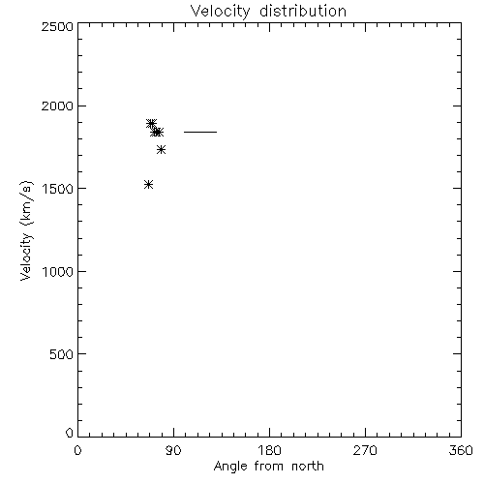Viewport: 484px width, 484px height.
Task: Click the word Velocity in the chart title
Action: coord(220,12)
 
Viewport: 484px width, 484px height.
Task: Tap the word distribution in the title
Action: coord(303,11)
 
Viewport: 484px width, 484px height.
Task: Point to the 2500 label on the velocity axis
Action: coord(57,26)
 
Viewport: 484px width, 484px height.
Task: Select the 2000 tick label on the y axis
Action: coord(57,106)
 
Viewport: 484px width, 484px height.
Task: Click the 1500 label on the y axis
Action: coord(58,189)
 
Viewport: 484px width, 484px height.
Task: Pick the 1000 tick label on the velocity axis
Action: coord(58,272)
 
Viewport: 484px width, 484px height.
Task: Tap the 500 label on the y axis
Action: coord(62,354)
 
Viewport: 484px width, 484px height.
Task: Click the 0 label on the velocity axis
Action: coord(70,433)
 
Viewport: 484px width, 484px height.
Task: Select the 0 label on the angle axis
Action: coord(77,450)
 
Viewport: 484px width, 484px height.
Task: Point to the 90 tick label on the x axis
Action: coord(173,450)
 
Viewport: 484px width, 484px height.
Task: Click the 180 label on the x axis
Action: coord(269,450)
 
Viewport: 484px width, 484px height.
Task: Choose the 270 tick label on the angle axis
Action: coord(365,450)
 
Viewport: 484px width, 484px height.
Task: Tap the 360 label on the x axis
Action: coord(461,450)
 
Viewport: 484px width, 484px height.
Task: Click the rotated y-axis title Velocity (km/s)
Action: coord(26,230)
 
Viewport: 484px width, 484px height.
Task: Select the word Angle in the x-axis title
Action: coord(230,467)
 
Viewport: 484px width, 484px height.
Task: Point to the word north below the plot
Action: coord(308,466)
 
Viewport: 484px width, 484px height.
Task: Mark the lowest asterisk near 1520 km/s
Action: coord(148,185)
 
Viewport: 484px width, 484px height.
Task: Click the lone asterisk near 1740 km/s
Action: coord(162,150)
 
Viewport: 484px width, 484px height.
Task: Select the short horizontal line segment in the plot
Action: coord(200,132)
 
